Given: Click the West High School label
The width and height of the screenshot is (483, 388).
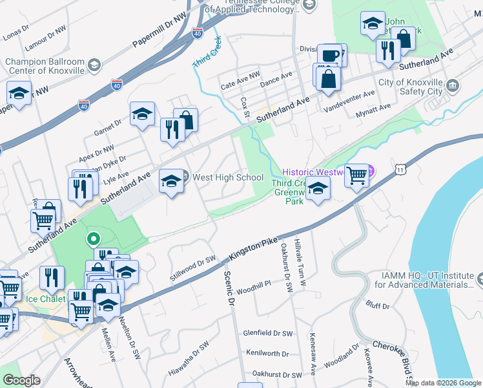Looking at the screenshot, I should tap(228, 177).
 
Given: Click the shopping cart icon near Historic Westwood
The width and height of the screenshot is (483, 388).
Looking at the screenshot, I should tap(356, 175).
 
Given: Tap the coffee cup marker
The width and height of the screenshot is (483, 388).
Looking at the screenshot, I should tap(331, 56).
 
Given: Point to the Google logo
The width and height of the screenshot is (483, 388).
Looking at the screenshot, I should tap(21, 380).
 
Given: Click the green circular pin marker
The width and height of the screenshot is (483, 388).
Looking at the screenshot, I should tap(93, 240).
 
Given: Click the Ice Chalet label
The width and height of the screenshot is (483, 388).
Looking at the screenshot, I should tap(40, 299).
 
